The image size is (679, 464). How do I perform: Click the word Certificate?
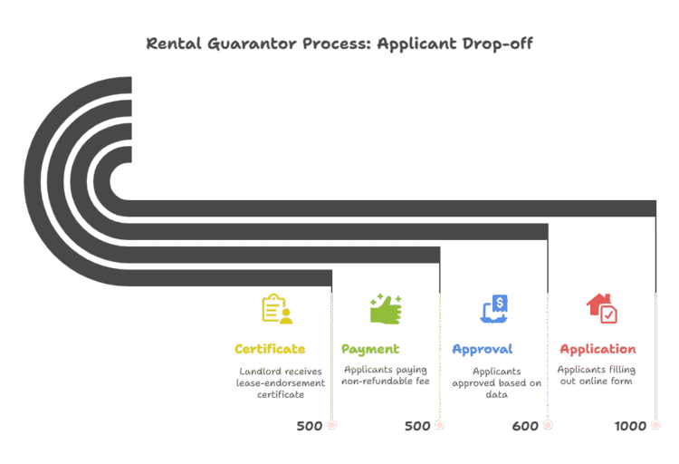pos(269,349)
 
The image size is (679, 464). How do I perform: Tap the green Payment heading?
pos(370,349)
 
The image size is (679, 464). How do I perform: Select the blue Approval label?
pos(482,349)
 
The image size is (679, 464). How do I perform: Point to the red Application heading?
pos(598,349)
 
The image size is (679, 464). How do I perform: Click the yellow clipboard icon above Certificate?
pos(276,309)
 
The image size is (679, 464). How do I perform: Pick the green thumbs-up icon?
pos(385,309)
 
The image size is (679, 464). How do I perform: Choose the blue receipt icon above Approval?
pos(494,309)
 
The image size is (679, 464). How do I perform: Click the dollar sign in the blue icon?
pos(501,303)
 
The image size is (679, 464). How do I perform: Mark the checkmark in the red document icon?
pos(608,314)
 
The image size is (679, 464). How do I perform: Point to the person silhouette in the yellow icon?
pos(286,316)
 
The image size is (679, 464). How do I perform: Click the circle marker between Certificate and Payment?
pos(331,424)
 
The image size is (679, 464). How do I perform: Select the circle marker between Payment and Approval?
pos(440,424)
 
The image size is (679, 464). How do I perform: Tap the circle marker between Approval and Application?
pos(548,424)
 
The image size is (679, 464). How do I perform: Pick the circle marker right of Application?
pos(655,424)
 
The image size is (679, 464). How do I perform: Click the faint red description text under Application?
pos(598,369)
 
